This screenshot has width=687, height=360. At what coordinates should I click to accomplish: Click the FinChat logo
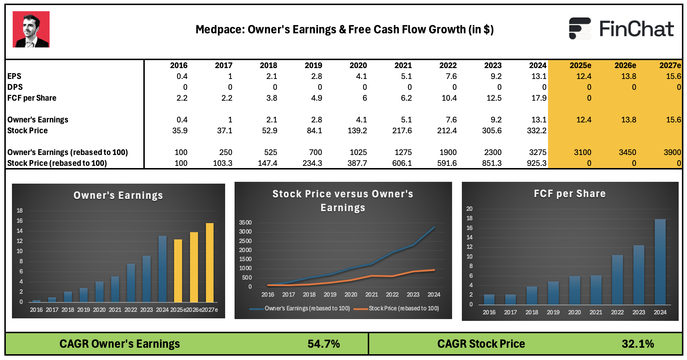point(621,29)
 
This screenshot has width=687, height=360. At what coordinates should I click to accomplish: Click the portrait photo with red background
point(31,29)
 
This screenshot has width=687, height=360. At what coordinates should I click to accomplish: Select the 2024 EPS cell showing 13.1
point(539,76)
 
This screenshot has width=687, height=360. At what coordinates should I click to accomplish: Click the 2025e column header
point(580,66)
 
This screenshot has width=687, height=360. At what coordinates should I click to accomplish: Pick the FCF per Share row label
point(32,98)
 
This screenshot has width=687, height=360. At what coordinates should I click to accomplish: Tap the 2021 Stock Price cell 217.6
point(402,131)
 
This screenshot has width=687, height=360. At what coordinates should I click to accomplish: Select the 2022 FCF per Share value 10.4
point(449,98)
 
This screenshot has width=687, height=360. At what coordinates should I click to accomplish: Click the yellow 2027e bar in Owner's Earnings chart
point(210,263)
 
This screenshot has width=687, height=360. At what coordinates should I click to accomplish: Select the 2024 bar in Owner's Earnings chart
point(163,269)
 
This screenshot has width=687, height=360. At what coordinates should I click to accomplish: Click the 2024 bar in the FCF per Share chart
point(660,261)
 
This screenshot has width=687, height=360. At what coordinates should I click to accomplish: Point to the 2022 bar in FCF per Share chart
point(617,280)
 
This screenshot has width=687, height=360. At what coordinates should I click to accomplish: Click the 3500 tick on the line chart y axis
point(245,222)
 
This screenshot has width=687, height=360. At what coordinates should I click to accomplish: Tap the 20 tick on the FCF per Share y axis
point(469,209)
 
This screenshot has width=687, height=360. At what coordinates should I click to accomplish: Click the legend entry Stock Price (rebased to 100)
point(403,309)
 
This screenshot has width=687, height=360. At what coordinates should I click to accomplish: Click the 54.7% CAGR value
point(324,344)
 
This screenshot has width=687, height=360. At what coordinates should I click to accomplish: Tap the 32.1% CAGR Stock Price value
point(638,344)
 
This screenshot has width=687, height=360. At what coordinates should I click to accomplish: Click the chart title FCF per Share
point(569,194)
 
